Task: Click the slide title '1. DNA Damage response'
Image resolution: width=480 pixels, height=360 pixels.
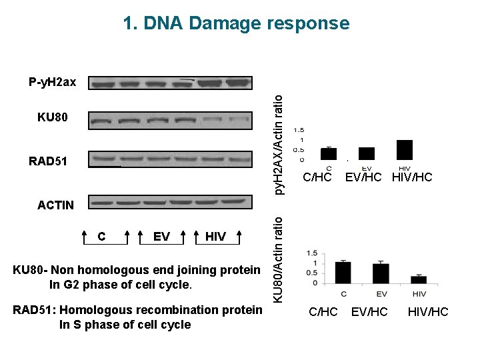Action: [x=236, y=23]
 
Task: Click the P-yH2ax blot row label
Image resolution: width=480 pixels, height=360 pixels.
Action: [x=53, y=83]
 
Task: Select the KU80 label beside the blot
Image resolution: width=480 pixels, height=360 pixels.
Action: [x=53, y=117]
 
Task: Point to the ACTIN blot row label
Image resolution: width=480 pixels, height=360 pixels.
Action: [x=56, y=205]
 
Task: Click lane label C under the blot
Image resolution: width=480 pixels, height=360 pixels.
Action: [x=101, y=237]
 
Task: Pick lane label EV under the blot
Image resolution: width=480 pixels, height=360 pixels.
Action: [x=161, y=237]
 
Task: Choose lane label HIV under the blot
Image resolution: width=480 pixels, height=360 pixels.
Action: [x=215, y=237]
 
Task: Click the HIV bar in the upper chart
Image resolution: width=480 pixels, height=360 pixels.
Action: [x=405, y=150]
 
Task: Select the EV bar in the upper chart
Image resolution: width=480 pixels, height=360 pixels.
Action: [x=367, y=153]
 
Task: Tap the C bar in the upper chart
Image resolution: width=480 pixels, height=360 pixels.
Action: [x=329, y=153]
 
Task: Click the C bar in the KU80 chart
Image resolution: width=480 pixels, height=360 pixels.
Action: [x=343, y=272]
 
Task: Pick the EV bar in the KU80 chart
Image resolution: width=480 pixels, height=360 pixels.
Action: [x=381, y=273]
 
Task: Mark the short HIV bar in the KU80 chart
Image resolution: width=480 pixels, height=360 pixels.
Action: [x=419, y=279]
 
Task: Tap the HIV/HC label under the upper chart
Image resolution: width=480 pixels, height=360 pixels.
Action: [x=412, y=178]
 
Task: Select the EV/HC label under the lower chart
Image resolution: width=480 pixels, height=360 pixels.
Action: [x=369, y=311]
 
